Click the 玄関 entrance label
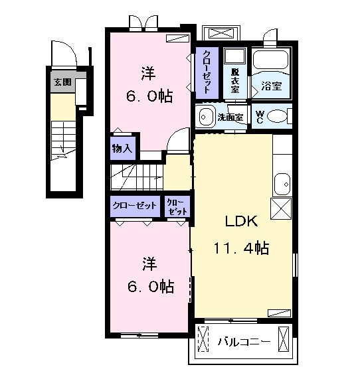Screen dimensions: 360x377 pos(62,82)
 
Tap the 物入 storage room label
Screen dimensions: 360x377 pos(122,149)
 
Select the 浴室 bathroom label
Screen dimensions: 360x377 pos(272,86)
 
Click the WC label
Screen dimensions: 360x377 pos(260,117)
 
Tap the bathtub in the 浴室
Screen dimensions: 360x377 pos(271,59)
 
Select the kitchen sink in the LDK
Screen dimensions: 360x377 pos(282,184)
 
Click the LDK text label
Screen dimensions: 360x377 pos(241,221)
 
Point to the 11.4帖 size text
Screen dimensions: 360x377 pos(241,248)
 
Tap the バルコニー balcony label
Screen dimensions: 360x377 pos(244,342)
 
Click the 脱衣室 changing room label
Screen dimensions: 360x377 pos(235,81)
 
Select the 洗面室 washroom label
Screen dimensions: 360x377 pos(230,117)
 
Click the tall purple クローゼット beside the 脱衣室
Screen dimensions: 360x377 pos(207,72)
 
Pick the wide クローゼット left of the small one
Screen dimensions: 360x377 pos(135,206)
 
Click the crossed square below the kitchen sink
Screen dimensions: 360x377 pos(281,208)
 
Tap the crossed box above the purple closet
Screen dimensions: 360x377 pos(221,33)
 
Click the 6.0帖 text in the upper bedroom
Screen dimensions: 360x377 pos(149,96)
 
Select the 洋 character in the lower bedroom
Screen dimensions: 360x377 pos(149,264)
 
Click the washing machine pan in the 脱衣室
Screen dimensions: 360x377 pos(235,56)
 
